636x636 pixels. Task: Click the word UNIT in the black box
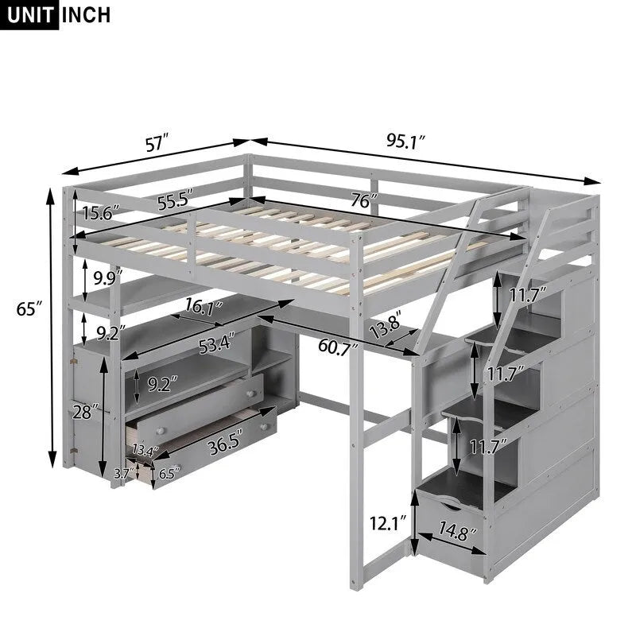click(x=30, y=15)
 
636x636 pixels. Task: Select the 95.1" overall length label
click(x=406, y=142)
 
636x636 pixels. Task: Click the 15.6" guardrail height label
click(x=99, y=213)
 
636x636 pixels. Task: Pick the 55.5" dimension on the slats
click(x=176, y=202)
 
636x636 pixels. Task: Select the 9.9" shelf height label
click(x=105, y=278)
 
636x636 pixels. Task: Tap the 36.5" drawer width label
click(x=223, y=447)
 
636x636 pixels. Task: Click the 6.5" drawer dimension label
click(x=165, y=474)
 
